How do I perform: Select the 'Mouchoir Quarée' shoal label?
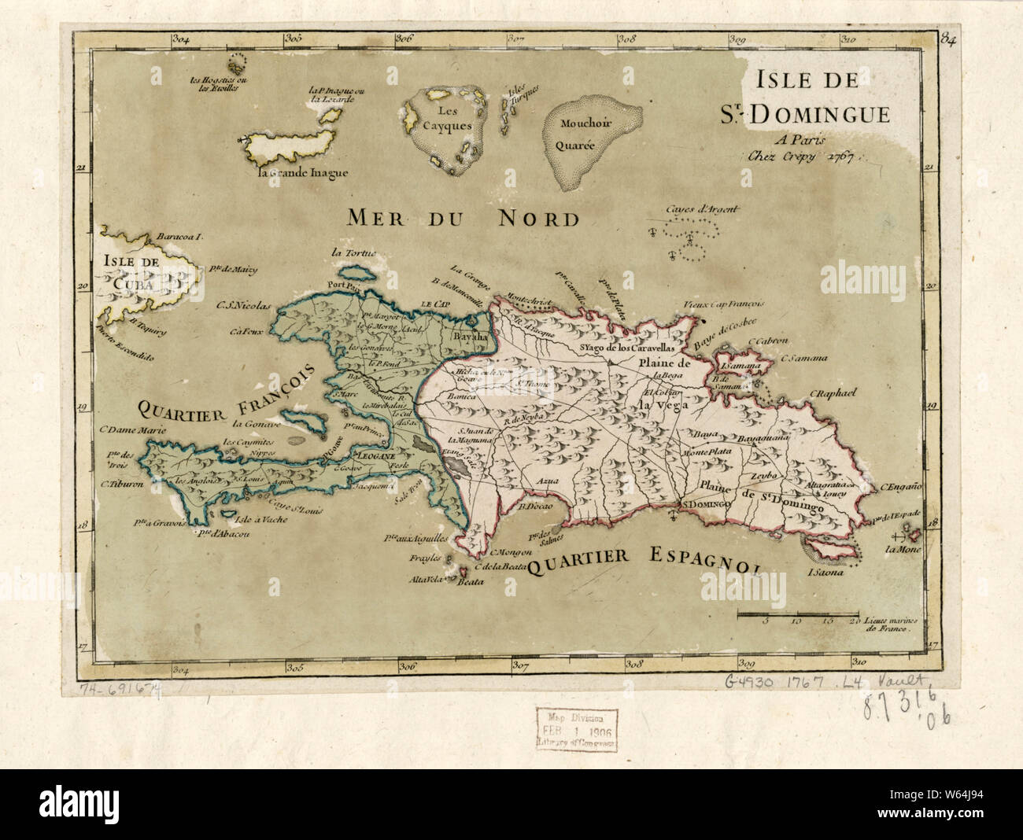tap(588, 134)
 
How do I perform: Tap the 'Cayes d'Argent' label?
tap(689, 209)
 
